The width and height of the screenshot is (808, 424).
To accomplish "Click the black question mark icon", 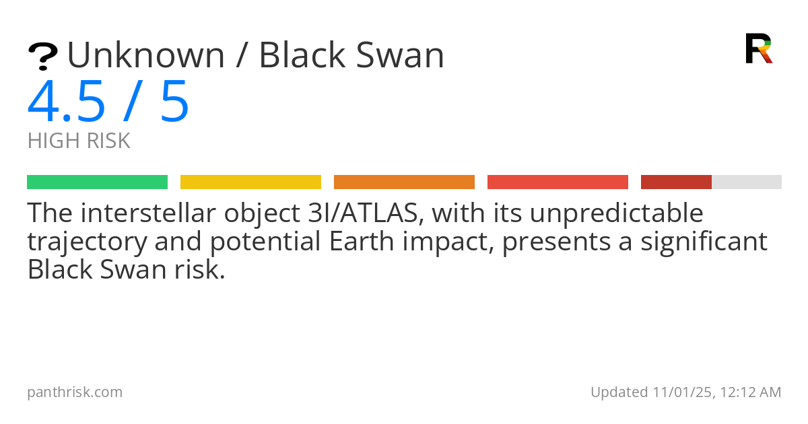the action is point(43,57).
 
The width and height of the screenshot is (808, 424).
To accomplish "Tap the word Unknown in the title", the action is point(146,55).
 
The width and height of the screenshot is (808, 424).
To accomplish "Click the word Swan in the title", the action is point(400,55).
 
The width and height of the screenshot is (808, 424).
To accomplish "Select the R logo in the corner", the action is point(759,48).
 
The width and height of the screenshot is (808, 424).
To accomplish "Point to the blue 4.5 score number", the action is point(67,102).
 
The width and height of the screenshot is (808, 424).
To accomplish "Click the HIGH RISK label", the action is point(79,141).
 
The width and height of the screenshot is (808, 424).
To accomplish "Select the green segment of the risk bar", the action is point(98,182).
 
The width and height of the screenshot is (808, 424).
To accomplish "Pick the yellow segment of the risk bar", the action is point(250,182).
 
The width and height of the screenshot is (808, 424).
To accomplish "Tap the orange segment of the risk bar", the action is point(405,182).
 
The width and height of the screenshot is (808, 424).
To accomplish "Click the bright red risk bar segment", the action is point(558,182).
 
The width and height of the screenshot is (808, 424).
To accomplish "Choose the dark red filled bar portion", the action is point(676,182).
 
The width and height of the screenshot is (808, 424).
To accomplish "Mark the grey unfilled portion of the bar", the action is point(747,182).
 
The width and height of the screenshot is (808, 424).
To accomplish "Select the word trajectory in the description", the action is point(88,242).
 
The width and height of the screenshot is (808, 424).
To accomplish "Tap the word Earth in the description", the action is point(361,242).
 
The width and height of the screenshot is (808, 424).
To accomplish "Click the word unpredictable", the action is point(617,213).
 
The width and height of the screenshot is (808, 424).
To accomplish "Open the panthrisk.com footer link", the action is point(75,392).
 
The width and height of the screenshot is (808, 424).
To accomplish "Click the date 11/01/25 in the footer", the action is point(684,392).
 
